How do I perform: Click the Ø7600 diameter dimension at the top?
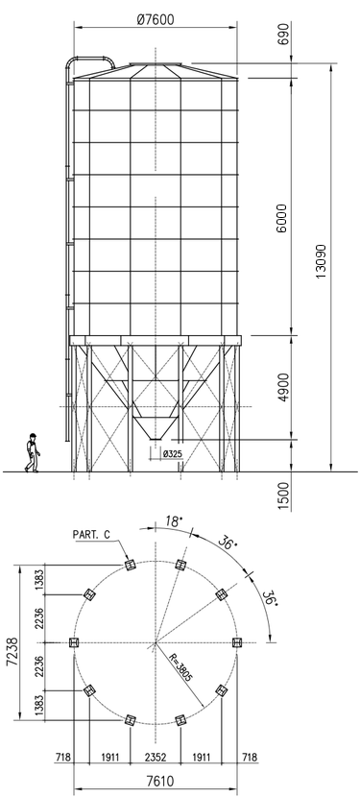[156, 19]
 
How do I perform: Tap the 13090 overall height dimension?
[321, 261]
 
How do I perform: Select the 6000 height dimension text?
[281, 218]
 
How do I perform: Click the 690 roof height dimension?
[283, 33]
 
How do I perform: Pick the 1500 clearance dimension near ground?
[283, 495]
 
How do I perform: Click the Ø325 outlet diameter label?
[172, 454]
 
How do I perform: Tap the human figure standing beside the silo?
[33, 452]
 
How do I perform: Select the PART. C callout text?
[91, 535]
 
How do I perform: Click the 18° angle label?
[174, 521]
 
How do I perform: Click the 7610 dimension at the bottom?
[156, 782]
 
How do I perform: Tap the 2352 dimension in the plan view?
[156, 758]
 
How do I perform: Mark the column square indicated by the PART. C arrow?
[131, 566]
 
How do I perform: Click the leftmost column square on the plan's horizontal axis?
[74, 642]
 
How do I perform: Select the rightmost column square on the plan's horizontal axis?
[237, 642]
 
